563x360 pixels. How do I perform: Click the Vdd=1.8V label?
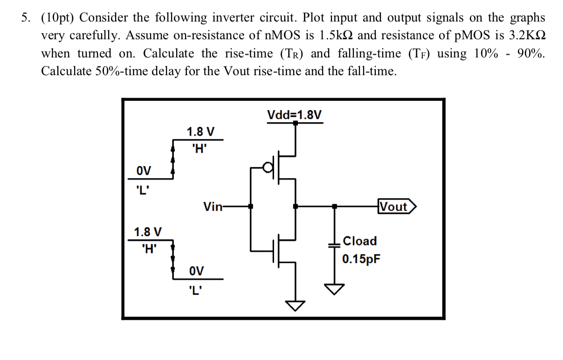294,115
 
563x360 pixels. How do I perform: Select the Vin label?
213,207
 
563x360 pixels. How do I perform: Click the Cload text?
359,241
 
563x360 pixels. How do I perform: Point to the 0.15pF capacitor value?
361,259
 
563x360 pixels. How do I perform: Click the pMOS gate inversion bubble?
267,167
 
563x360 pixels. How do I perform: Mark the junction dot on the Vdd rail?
295,123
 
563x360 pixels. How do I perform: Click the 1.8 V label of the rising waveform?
200,132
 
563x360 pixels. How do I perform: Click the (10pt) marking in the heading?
58,18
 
